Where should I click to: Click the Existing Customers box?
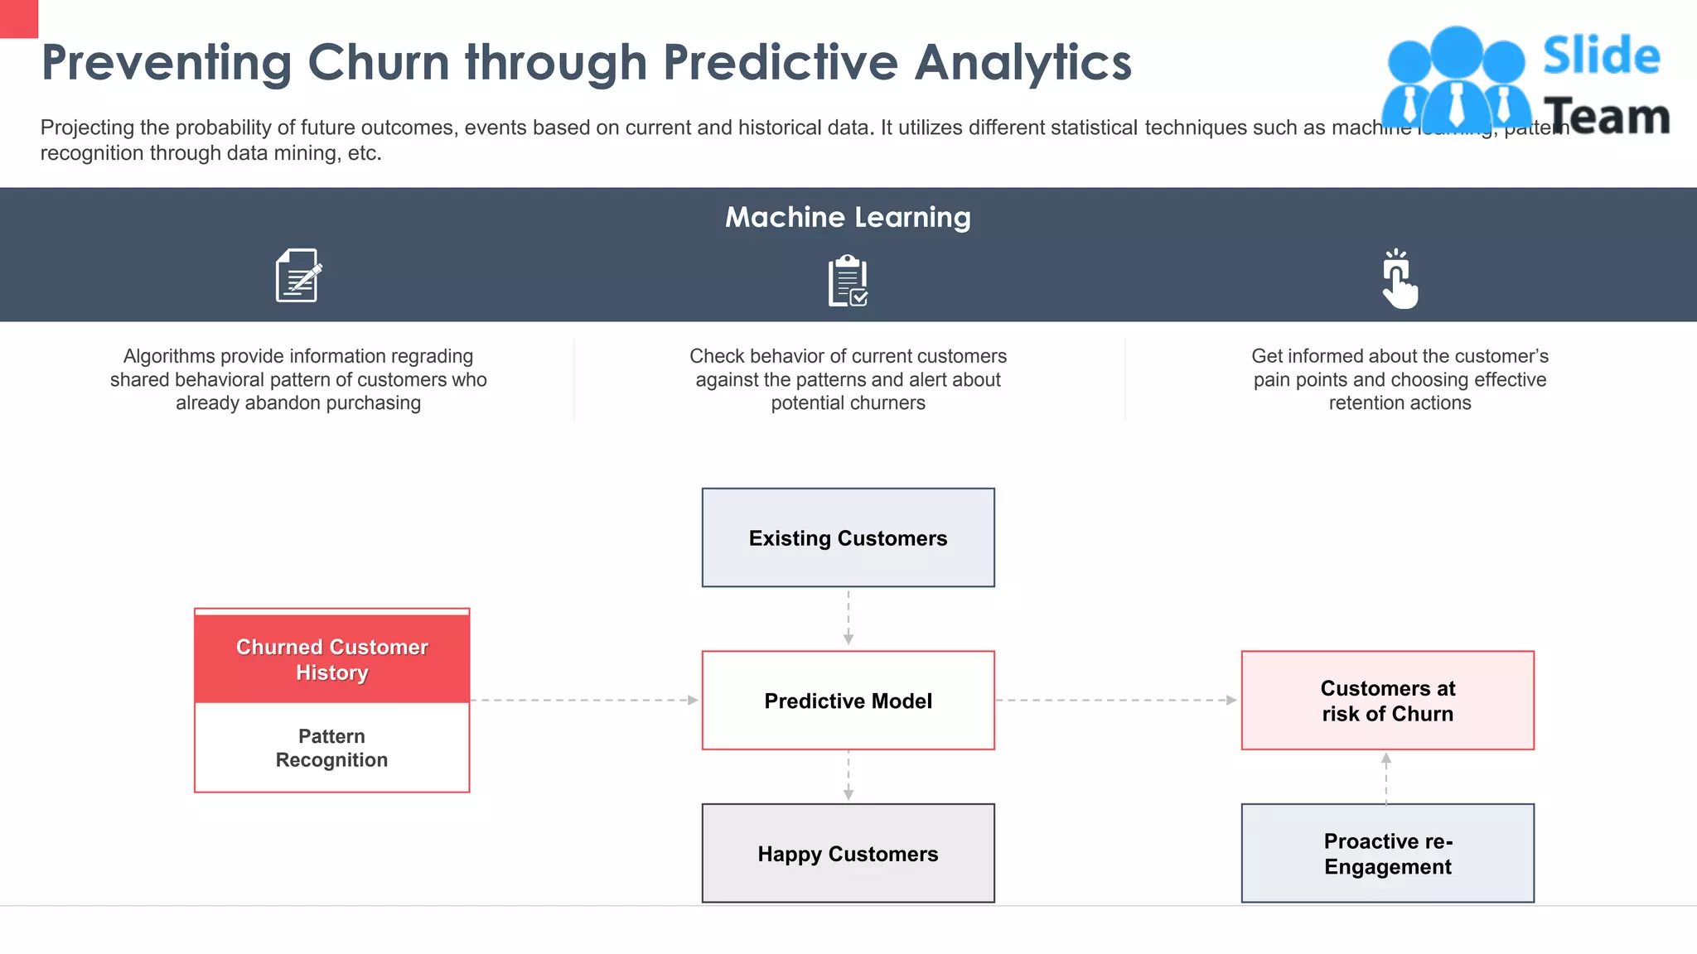pos(848,537)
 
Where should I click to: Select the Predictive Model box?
pos(848,701)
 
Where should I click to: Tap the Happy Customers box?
pos(848,853)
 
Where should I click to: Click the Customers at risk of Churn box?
pos(1387,701)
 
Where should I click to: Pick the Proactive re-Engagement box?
pos(1387,853)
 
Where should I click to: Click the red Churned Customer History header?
pos(331,658)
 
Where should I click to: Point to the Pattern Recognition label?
pos(331,748)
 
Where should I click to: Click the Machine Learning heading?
pos(848,217)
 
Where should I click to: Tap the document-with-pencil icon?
pos(298,276)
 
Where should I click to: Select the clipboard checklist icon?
pos(848,281)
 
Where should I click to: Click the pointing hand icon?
pos(1399,279)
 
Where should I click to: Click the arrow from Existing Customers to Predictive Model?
pos(848,617)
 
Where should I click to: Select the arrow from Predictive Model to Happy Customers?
pos(848,776)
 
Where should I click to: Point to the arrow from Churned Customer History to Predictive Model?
pos(584,701)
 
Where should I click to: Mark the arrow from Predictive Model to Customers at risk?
pos(1116,701)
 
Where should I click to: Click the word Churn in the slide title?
pos(378,62)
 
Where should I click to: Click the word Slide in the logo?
pos(1601,56)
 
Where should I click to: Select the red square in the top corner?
pos(18,18)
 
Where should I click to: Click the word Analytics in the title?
pos(1023,62)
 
